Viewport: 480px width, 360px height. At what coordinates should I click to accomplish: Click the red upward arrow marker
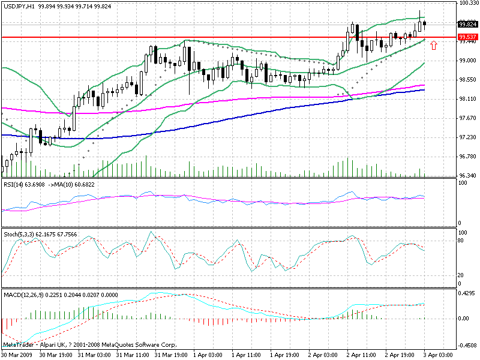[x=434, y=45]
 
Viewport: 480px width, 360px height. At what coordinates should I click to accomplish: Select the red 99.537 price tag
[x=467, y=37]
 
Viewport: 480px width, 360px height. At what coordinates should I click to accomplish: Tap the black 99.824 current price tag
[x=467, y=25]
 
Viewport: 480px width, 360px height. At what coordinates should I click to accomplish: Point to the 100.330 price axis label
[x=467, y=4]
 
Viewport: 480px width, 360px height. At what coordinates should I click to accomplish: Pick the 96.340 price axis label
[x=467, y=176]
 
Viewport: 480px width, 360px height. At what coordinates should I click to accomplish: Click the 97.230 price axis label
[x=467, y=137]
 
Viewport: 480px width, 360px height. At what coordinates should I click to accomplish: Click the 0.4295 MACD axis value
[x=467, y=293]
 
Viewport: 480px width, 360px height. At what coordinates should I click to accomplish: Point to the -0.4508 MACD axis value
[x=467, y=346]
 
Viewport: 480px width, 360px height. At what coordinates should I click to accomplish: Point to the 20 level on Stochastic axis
[x=462, y=275]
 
